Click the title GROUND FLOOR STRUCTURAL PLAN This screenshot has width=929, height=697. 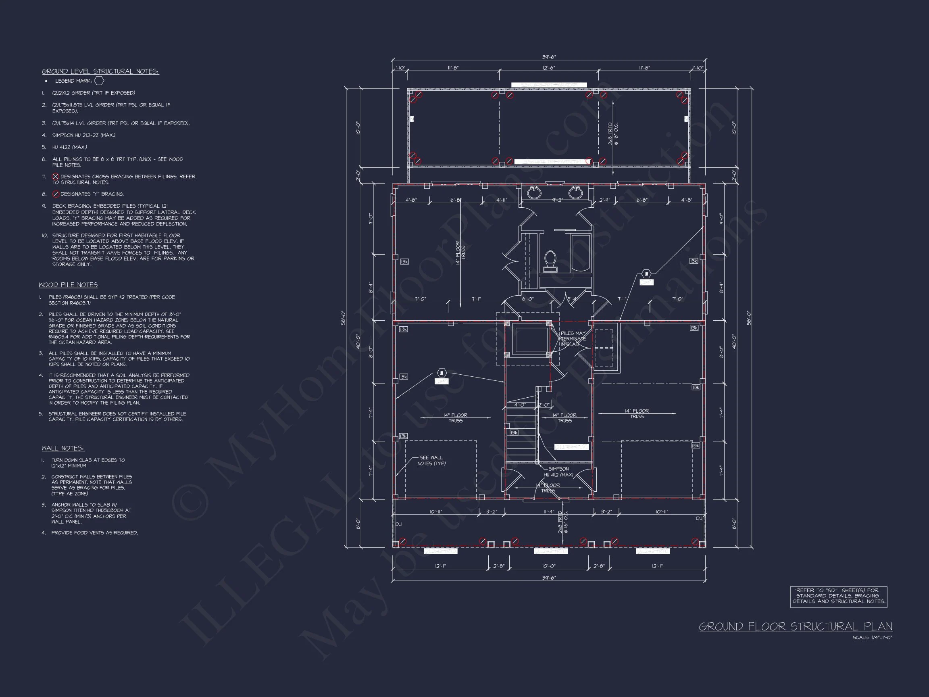point(796,626)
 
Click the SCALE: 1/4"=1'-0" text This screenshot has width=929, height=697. point(872,637)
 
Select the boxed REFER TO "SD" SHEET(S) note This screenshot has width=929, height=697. point(838,596)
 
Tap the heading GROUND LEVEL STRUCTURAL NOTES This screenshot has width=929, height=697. point(100,71)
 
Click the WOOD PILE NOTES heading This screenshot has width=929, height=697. point(68,285)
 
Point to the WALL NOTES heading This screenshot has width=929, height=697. point(62,448)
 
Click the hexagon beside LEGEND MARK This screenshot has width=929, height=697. point(99,81)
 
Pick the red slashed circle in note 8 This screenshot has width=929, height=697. point(55,194)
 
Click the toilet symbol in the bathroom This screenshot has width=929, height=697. point(550,261)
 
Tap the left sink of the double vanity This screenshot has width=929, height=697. point(534,193)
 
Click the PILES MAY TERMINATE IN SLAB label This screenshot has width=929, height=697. point(573,339)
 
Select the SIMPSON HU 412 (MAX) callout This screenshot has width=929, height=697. point(558,472)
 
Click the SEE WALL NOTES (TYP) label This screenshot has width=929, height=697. point(431,461)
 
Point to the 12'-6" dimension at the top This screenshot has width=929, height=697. point(549,68)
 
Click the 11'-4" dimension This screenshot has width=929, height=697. point(549,512)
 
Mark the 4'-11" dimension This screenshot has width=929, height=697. point(502,200)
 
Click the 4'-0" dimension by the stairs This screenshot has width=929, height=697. point(520,405)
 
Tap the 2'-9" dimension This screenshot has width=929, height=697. point(605,200)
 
